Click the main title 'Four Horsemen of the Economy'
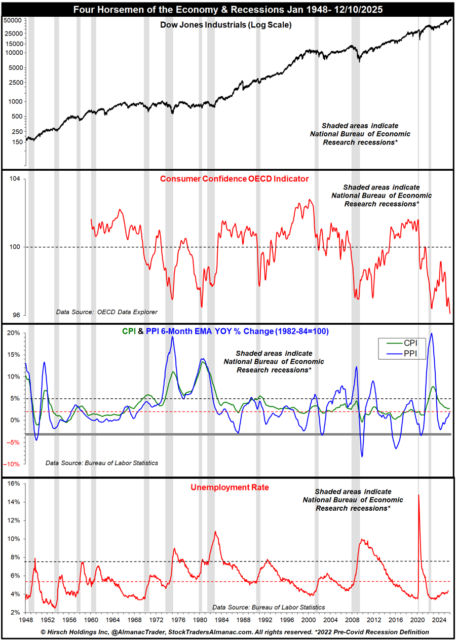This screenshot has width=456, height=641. coord(227,9)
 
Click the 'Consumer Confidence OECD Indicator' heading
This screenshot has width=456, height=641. coord(234,179)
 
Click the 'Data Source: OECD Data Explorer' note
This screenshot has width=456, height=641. coord(103,312)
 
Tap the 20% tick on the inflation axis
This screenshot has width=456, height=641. coord(14,333)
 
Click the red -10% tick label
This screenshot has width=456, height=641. coord(13,464)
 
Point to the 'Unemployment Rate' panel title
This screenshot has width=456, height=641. coord(230,488)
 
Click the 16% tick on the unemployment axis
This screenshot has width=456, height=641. coord(14,484)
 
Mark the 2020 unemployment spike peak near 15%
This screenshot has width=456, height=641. coord(419,495)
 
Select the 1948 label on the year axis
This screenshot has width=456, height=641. coord(26,620)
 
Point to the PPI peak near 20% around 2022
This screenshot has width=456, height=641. coord(431,333)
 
